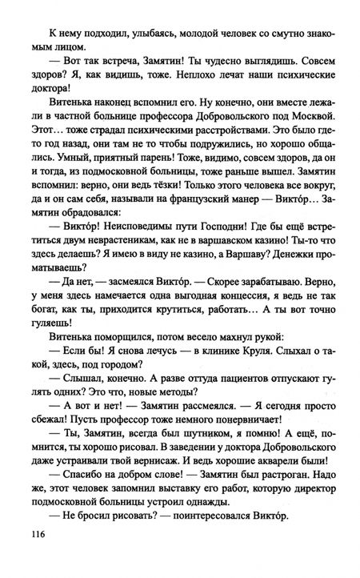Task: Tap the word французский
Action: pyautogui.click(x=188, y=228)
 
